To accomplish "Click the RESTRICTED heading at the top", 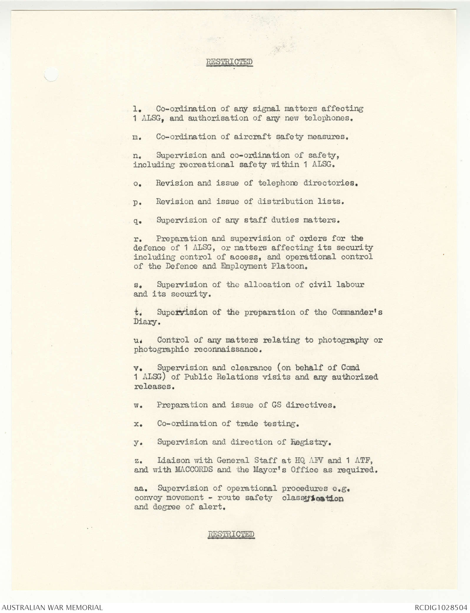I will [x=229, y=62].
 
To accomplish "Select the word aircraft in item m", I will [x=253, y=137].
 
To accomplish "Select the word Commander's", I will [x=357, y=312].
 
